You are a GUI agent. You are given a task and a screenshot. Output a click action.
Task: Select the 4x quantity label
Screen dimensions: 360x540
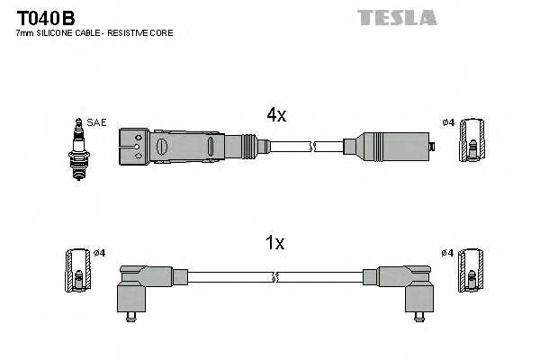(275, 115)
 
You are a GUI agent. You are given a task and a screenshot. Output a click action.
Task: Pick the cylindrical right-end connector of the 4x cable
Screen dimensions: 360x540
(391, 145)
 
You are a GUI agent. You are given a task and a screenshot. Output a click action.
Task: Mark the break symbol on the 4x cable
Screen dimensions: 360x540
(312, 144)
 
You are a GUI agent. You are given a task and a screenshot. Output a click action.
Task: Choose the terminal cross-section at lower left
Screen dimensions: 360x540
(78, 269)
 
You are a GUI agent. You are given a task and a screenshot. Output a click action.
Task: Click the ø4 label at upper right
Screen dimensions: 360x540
(447, 122)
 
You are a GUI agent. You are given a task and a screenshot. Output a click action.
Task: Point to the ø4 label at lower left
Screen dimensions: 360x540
(99, 253)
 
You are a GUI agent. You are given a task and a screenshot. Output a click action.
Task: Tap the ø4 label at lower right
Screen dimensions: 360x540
(447, 253)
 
